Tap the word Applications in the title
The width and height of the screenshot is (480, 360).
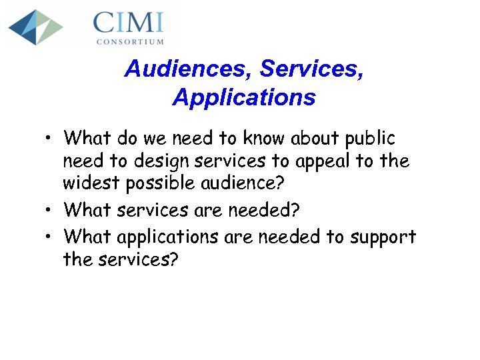click(x=243, y=97)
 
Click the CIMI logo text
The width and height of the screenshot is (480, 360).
click(x=129, y=23)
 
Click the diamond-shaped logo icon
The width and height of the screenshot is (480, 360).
click(x=35, y=27)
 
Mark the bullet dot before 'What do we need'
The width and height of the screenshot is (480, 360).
click(x=49, y=139)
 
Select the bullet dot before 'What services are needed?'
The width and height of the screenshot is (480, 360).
click(x=49, y=211)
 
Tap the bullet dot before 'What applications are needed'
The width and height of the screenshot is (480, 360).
click(x=49, y=237)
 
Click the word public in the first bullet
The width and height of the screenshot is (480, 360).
click(x=370, y=139)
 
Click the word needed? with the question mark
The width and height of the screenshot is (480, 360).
click(x=265, y=211)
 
